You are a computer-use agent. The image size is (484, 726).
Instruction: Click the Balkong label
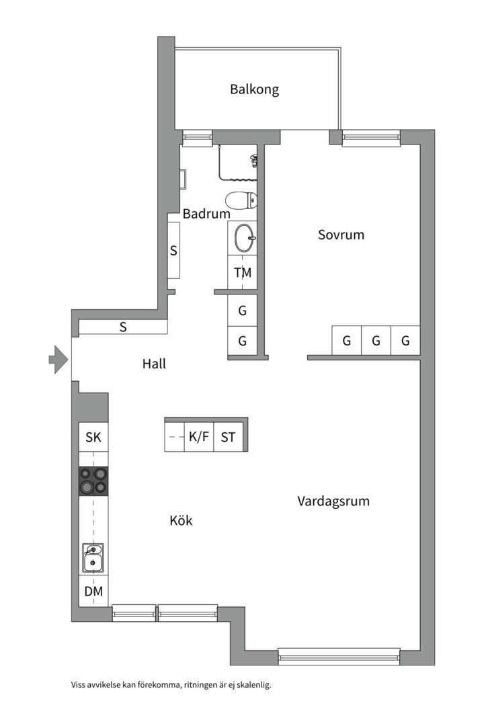254,89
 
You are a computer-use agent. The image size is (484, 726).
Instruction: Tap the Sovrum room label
341,235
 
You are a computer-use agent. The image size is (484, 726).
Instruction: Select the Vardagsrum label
333,501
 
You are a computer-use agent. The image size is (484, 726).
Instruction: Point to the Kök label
181,520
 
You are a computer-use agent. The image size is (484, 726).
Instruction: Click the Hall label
154,364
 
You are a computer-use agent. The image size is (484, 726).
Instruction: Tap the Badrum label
206,214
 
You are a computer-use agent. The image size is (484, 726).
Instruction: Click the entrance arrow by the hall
58,359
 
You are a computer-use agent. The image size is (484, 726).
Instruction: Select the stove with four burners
93,481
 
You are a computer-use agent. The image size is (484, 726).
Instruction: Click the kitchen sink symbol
93,557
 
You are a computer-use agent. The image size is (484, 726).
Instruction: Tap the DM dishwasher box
93,592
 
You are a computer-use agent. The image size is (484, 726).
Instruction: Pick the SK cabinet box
93,438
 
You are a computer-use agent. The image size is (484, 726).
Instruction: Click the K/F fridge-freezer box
199,438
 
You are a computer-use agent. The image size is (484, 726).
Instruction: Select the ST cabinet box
229,438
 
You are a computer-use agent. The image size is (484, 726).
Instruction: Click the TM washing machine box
243,273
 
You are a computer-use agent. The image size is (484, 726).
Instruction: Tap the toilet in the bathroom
241,199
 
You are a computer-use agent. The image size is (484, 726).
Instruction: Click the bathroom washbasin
243,237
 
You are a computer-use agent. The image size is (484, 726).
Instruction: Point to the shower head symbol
253,160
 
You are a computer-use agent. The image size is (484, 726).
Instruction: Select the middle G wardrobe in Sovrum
376,341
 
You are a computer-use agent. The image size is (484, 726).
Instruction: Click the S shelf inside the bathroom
173,251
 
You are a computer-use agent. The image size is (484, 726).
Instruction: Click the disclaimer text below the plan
171,685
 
